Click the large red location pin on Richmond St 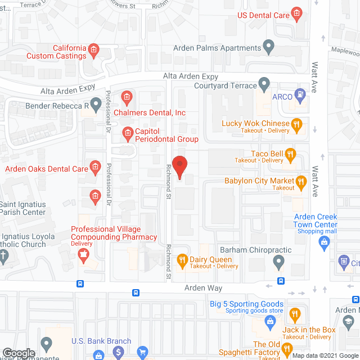(x=179, y=166)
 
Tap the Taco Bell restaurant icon (x=290, y=153)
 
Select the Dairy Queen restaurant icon (x=182, y=260)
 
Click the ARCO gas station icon (x=301, y=96)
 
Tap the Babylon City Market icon (x=301, y=181)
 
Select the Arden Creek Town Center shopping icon (x=324, y=243)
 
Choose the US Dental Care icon (x=296, y=15)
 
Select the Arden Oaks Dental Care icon (x=95, y=168)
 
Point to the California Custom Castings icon (x=94, y=51)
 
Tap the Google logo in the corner (x=19, y=353)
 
